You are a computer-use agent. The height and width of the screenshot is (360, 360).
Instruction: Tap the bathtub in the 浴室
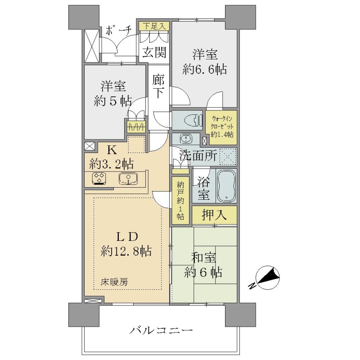[226, 186]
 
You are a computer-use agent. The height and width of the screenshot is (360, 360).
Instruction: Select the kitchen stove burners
[99, 178]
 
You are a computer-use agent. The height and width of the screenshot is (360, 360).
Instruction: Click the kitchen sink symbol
[128, 178]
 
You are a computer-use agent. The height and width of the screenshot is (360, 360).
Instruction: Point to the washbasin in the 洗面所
[186, 138]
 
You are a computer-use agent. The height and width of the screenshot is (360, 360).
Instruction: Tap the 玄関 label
[154, 52]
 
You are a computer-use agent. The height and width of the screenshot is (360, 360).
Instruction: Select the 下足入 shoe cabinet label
[154, 26]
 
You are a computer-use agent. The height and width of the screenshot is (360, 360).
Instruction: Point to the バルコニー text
[161, 331]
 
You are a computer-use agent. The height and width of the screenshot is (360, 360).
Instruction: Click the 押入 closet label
[214, 215]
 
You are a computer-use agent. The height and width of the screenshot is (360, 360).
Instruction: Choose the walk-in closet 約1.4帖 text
[222, 134]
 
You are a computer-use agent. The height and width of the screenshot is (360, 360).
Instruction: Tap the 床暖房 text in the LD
[114, 282]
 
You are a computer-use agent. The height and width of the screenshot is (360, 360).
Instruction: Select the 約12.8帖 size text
[126, 251]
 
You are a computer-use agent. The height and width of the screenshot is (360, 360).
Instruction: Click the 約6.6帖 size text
[205, 69]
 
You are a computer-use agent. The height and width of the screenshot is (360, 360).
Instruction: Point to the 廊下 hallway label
[158, 86]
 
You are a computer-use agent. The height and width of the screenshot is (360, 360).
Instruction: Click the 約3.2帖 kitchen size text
[112, 164]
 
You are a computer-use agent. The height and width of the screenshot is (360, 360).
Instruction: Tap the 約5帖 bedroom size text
[113, 101]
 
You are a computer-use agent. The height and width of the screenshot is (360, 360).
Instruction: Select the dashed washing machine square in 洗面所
[228, 157]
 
